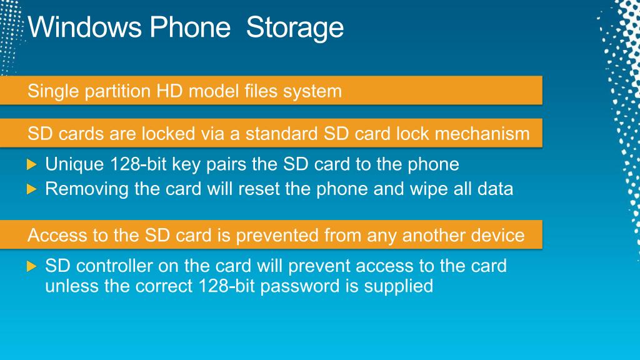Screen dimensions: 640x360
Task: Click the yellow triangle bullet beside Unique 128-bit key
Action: [31, 164]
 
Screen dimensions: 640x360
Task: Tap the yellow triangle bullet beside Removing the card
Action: [31, 189]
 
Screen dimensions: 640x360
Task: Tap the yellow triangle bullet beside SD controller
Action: [31, 266]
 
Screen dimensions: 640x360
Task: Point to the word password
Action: [300, 286]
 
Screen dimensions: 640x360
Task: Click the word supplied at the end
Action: [399, 286]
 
